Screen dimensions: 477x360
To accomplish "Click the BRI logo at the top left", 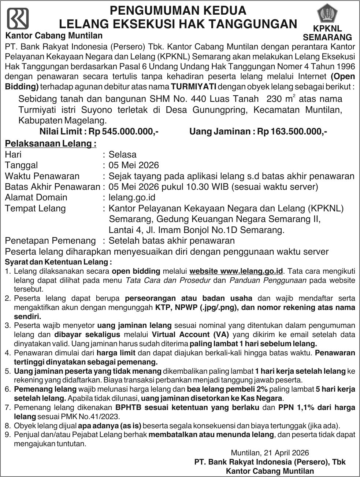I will pyautogui.click(x=18, y=18).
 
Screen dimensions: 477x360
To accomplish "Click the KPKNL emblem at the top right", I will pyautogui.click(x=327, y=14).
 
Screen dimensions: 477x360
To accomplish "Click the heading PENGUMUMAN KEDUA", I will pyautogui.click(x=178, y=10).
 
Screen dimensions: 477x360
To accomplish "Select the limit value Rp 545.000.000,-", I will pyautogui.click(x=130, y=132).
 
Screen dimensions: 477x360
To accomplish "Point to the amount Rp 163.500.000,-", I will pyautogui.click(x=292, y=132).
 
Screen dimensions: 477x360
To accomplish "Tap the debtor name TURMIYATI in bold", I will pyautogui.click(x=193, y=87).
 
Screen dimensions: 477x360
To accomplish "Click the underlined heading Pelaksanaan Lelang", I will pyautogui.click(x=51, y=143).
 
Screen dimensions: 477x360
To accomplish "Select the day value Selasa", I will pyautogui.click(x=123, y=154).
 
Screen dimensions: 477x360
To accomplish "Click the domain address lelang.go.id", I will pyautogui.click(x=132, y=197).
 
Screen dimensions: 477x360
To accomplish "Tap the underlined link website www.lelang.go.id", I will pyautogui.click(x=236, y=271).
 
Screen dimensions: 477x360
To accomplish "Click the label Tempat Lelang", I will pyautogui.click(x=35, y=208).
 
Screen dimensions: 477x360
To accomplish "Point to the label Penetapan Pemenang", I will pyautogui.click(x=50, y=241).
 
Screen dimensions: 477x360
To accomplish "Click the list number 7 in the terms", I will pyautogui.click(x=7, y=407).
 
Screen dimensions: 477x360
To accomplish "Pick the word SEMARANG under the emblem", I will pyautogui.click(x=327, y=37).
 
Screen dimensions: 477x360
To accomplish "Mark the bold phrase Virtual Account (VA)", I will pyautogui.click(x=190, y=334).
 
